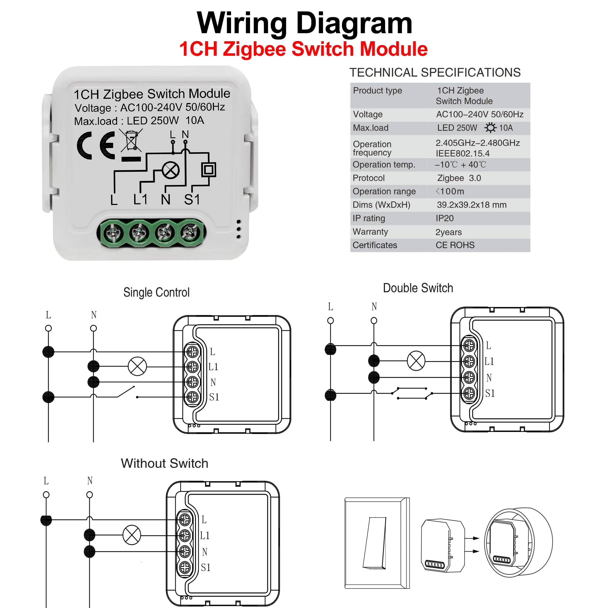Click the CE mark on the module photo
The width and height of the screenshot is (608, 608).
[x=96, y=145]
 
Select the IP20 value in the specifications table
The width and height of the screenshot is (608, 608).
[x=445, y=218]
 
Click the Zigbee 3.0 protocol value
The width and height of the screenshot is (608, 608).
[x=459, y=178]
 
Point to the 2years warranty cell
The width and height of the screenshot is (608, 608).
[x=448, y=232]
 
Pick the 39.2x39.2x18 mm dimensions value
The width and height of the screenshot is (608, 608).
[x=471, y=205]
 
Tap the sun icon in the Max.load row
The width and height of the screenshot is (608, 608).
[x=490, y=128]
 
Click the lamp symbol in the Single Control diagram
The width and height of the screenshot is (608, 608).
[x=137, y=366]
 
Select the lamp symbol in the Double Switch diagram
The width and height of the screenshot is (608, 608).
[x=416, y=361]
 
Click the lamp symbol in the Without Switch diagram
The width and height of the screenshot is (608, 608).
[x=131, y=535]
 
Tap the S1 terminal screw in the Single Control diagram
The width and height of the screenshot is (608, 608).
[x=192, y=397]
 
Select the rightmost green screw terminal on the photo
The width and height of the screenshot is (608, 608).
[x=190, y=232]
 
